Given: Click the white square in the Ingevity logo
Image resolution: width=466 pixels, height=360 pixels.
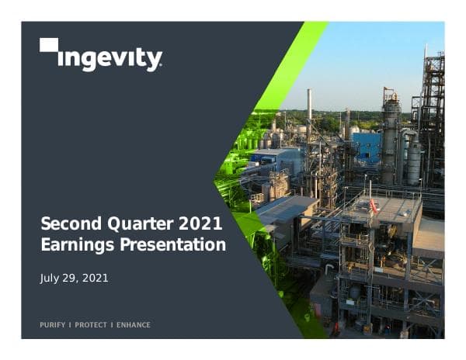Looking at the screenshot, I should pos(49,45).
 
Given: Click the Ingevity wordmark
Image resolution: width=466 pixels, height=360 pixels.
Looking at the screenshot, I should pos(110,59).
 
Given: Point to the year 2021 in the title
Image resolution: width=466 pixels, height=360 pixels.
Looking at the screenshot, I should pos(198,226).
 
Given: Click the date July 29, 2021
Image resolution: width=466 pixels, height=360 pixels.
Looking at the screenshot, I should pos(75,278).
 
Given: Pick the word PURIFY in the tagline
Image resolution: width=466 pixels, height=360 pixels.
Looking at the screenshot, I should pos(53,324).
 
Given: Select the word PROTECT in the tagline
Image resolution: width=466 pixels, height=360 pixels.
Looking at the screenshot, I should pos(91,324).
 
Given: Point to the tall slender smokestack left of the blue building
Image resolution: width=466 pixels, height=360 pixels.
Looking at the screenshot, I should pos(309,109).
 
